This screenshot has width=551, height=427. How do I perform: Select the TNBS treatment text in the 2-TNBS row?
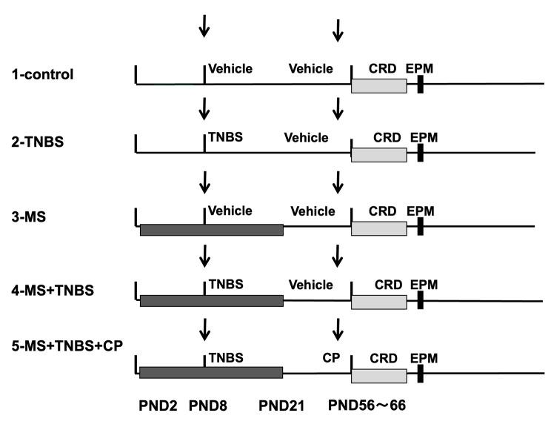pyautogui.click(x=225, y=137)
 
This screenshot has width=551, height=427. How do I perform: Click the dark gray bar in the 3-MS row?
pyautogui.click(x=211, y=230)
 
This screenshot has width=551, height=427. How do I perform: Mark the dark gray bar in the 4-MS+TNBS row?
pyautogui.click(x=211, y=300)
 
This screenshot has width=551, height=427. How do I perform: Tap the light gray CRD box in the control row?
pyautogui.click(x=378, y=85)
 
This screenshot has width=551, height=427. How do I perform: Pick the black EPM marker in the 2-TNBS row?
pyautogui.click(x=419, y=153)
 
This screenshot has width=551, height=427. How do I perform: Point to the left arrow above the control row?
pyautogui.click(x=204, y=27)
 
